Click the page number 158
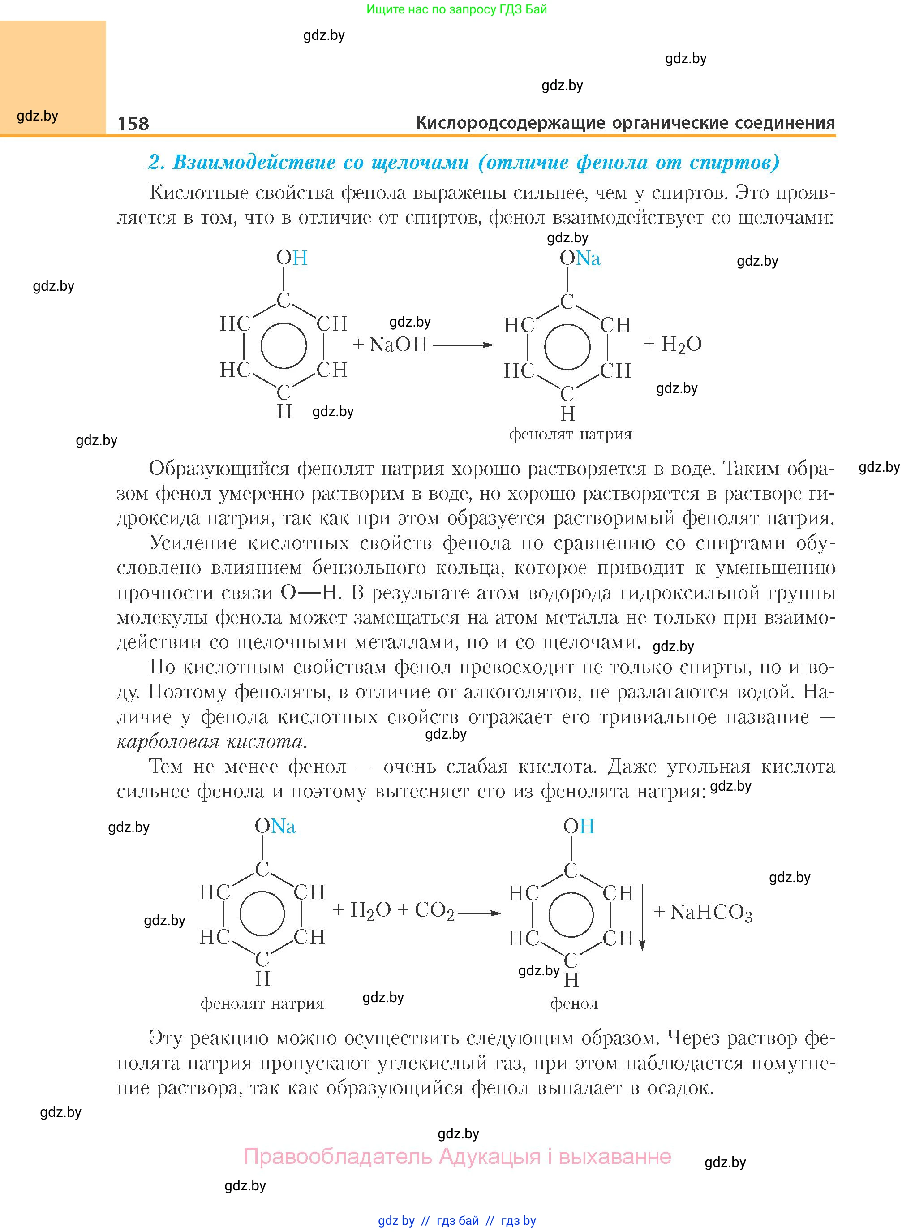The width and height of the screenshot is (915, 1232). (133, 123)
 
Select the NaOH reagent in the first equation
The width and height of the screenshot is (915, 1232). (398, 345)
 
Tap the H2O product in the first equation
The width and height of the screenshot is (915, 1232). (681, 345)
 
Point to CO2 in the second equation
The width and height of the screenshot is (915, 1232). (434, 910)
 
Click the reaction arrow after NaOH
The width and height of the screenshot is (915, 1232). (463, 345)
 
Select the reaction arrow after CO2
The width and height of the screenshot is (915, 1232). (479, 913)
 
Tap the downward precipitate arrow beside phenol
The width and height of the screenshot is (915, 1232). (643, 917)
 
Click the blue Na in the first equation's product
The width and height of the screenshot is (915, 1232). (588, 258)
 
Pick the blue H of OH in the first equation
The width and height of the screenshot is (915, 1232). (300, 258)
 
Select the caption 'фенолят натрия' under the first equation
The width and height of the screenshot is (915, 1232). (571, 434)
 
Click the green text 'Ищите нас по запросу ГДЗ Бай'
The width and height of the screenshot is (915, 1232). (457, 9)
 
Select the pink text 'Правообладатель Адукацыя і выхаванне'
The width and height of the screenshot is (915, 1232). (457, 1156)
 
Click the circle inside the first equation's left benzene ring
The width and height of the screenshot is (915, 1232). (284, 346)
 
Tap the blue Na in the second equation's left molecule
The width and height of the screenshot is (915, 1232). (283, 826)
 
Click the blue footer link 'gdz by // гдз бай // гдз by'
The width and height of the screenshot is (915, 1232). (457, 1220)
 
